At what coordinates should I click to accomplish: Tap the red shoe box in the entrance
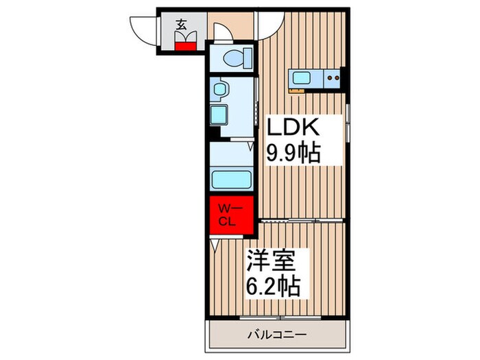(183, 46)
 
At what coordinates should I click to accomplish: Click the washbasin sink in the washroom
(220, 88)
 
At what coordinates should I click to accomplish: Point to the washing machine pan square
(221, 114)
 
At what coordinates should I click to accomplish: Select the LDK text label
(292, 128)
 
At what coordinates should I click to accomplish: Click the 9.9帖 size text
(293, 152)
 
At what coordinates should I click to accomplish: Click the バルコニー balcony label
(276, 335)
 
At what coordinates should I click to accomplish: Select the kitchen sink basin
(302, 77)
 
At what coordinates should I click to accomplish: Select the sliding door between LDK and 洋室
(302, 221)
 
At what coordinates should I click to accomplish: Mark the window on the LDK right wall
(348, 121)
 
